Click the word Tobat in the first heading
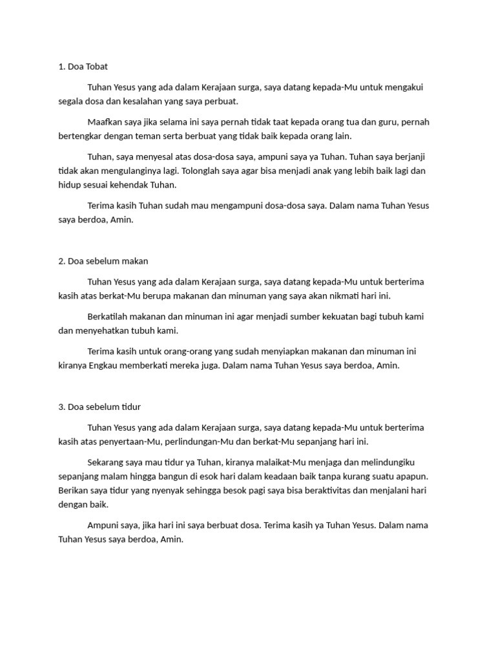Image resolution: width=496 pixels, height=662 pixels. click(x=104, y=66)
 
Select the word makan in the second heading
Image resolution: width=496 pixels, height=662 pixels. click(x=136, y=261)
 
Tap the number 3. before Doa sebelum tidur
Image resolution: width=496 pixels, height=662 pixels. click(x=61, y=407)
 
